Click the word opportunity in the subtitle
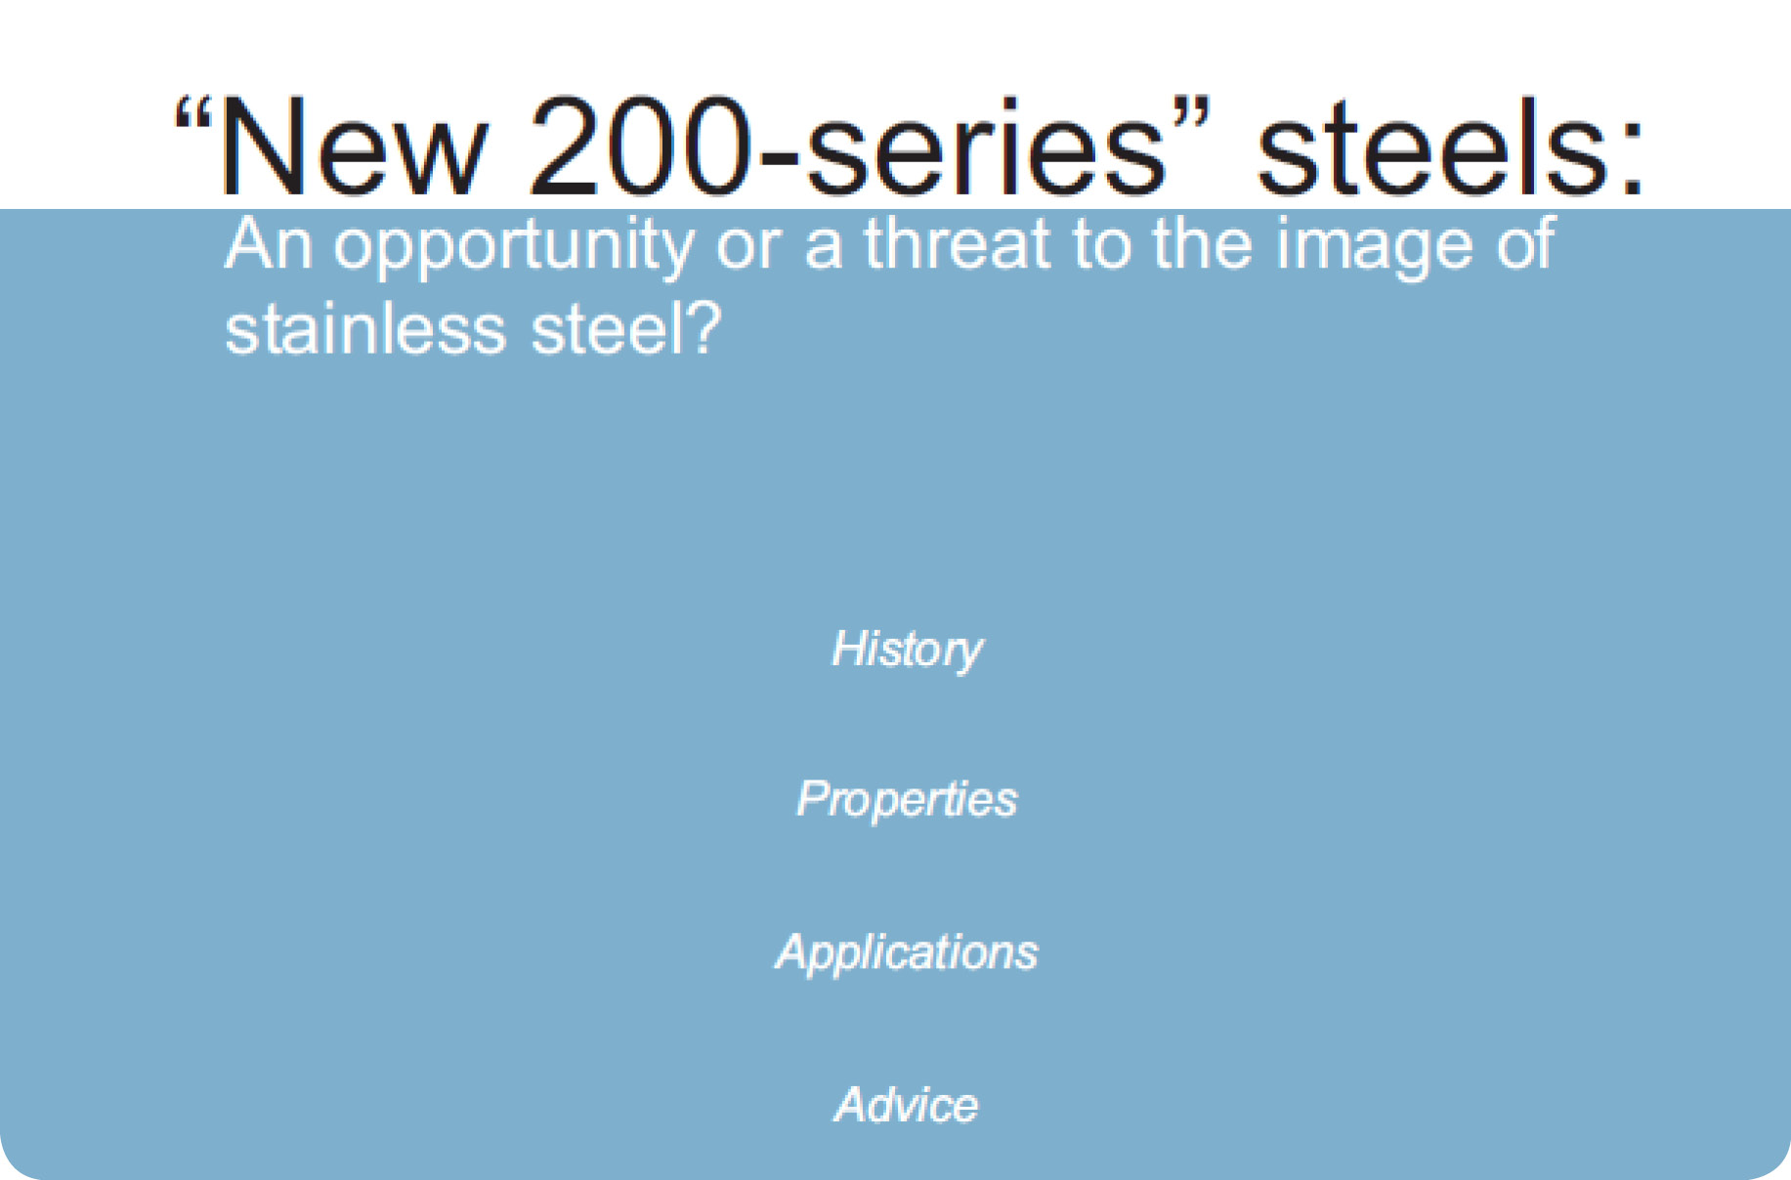(x=513, y=246)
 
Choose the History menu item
(x=907, y=649)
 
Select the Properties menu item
(x=907, y=799)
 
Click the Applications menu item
(x=907, y=951)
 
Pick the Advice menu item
(x=907, y=1105)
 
